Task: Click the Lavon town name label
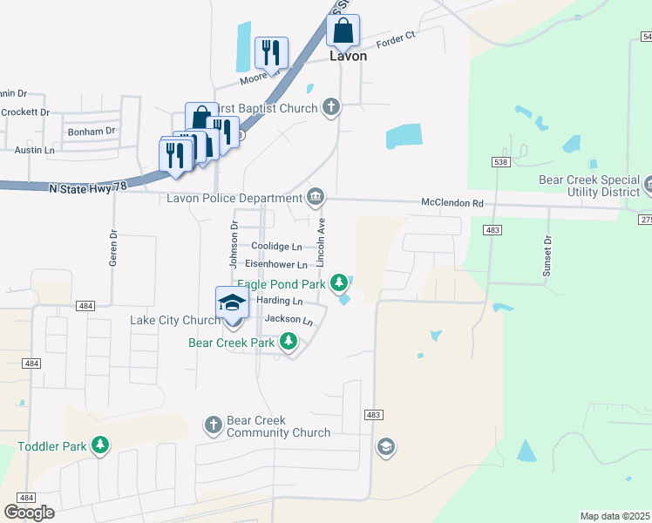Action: point(348,56)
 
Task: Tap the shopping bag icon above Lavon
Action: point(343,31)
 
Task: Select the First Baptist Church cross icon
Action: point(330,107)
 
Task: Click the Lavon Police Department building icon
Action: point(316,194)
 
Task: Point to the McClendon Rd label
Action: point(452,202)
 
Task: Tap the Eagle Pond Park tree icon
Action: point(339,282)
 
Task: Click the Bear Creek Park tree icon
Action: point(289,343)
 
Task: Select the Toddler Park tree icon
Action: point(101,446)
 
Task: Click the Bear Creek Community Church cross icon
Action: point(214,425)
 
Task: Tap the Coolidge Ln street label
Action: point(276,247)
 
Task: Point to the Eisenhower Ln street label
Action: point(275,264)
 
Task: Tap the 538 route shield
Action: point(499,162)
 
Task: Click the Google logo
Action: point(29,512)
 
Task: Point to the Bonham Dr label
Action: point(91,131)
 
